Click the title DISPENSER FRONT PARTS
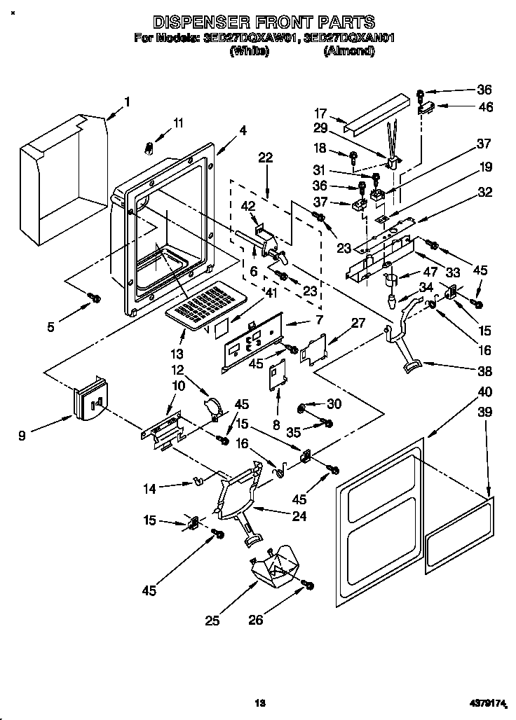click(264, 22)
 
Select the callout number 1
click(127, 102)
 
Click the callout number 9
click(22, 436)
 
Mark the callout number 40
click(484, 392)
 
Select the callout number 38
click(484, 371)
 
